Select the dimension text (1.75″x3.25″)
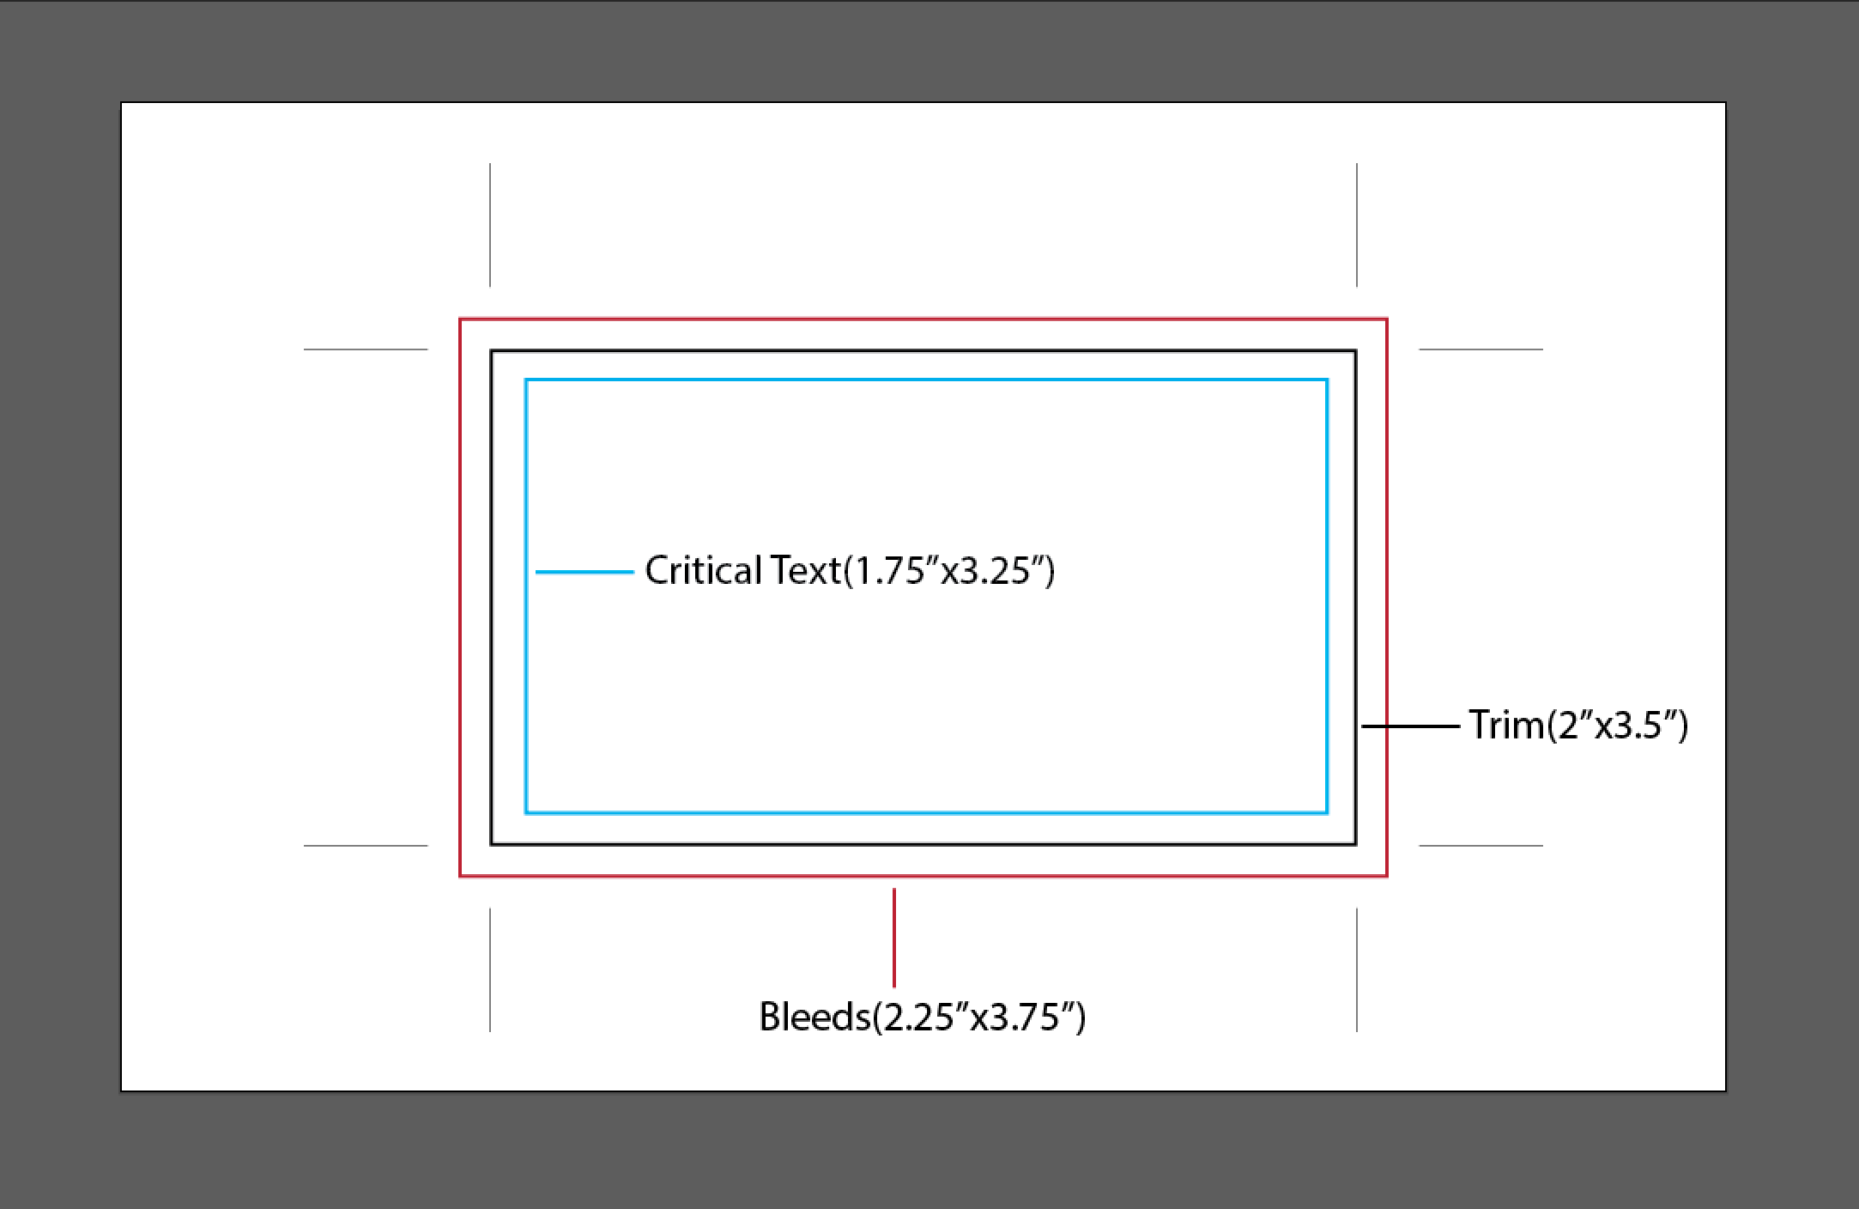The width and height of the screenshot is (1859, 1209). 949,571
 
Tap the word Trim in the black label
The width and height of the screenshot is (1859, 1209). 1506,726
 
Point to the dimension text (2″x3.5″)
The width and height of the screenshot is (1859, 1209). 1617,726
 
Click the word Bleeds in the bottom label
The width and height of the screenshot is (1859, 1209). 814,1017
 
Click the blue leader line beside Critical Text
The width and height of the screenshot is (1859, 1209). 584,572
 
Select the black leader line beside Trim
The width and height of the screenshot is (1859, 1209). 1410,726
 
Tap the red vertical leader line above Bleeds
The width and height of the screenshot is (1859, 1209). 894,938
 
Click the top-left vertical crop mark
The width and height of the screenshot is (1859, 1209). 490,225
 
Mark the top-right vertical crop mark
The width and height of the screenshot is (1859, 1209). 1357,225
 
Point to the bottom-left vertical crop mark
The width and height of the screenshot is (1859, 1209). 490,969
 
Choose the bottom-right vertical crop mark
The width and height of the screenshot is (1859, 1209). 1357,969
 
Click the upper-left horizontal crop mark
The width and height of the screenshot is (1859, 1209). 366,349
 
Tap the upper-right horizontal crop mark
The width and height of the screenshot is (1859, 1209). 1481,349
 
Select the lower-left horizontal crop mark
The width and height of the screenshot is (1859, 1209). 366,846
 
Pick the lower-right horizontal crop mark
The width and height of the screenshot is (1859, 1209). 1481,846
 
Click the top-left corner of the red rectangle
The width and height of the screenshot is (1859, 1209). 460,319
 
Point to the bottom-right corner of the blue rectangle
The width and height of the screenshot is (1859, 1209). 1327,812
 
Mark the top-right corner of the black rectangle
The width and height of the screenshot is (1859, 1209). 1356,350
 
